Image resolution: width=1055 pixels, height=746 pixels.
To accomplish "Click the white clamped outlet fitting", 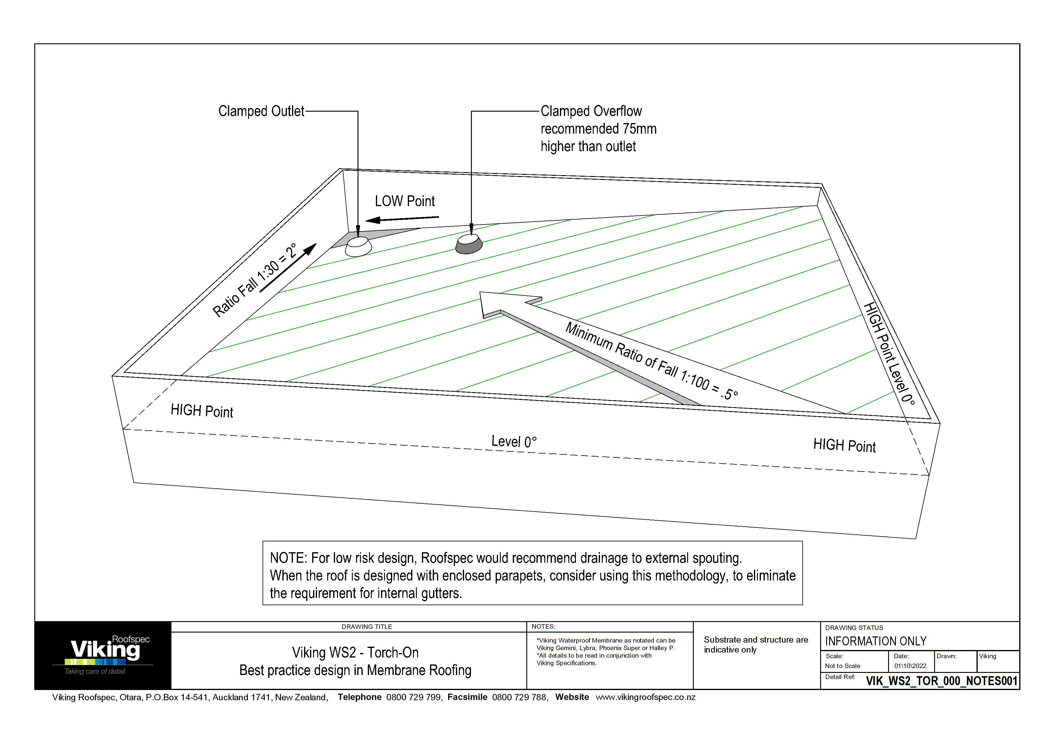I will click(x=358, y=246).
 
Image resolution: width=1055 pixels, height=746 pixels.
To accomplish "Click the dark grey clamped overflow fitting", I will click(x=469, y=244).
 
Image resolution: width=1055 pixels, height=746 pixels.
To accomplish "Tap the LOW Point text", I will click(x=404, y=201).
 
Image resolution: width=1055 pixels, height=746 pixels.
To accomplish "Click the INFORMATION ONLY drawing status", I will click(x=875, y=641).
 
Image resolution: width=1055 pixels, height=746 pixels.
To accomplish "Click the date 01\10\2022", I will click(x=910, y=666).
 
